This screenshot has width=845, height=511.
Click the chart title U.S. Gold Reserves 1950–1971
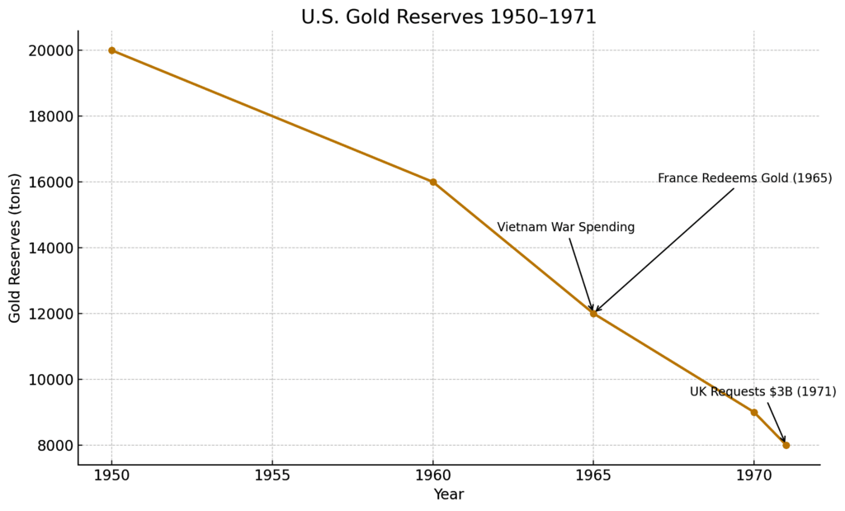point(448,17)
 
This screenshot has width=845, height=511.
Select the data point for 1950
point(112,50)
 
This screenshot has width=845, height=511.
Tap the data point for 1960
point(433,182)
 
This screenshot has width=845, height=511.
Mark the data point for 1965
point(593,314)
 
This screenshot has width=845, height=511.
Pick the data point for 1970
point(753,412)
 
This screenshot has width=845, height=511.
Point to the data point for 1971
point(786,445)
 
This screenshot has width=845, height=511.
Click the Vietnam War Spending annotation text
point(565,228)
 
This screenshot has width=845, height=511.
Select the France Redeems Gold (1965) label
point(744,178)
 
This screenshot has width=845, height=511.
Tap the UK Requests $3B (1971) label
point(762,392)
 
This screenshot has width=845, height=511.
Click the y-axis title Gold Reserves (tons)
point(15,248)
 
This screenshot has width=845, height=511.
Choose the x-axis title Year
point(449,494)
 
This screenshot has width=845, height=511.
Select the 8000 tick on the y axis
point(54,446)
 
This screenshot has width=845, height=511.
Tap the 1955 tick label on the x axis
point(272,476)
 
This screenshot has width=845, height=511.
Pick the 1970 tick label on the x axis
point(753,476)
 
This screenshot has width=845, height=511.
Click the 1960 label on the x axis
point(433,476)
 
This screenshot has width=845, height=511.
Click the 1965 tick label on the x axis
point(593,476)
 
